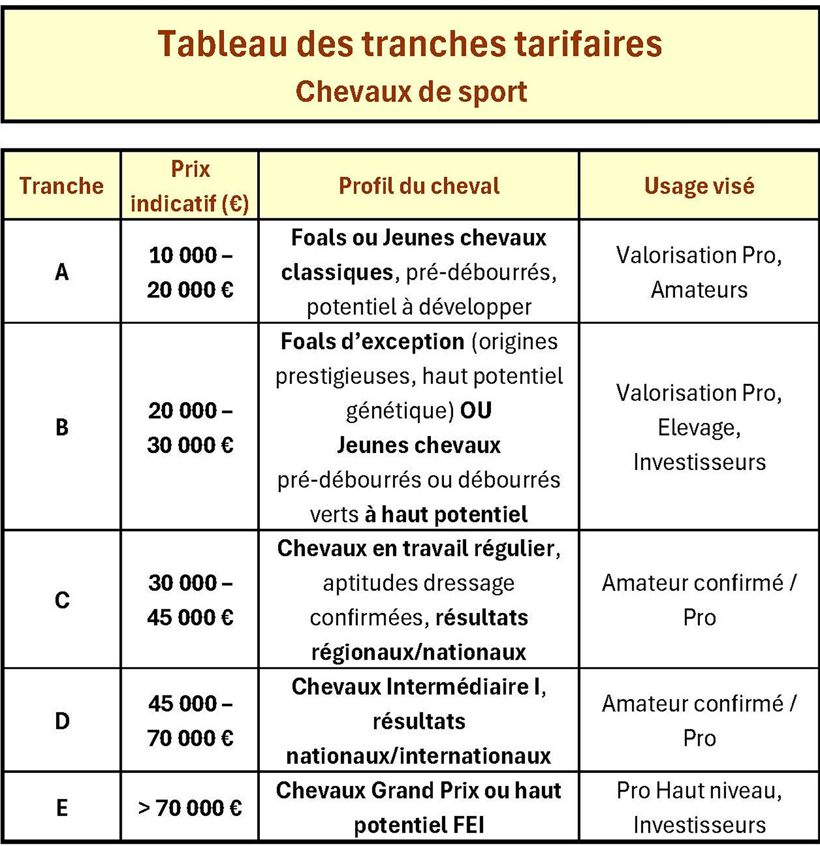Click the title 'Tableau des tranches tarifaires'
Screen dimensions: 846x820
click(409, 44)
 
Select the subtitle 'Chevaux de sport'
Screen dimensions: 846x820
click(411, 91)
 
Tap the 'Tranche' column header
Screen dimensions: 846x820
click(62, 186)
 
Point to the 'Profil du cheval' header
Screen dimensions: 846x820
click(419, 186)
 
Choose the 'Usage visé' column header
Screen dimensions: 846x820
click(699, 186)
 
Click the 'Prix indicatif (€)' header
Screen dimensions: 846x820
click(190, 186)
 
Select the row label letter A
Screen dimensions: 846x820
click(62, 272)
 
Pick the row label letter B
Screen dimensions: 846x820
click(62, 428)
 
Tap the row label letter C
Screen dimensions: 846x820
click(62, 600)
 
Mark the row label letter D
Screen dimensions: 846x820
click(62, 721)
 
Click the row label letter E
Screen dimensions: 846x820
click(62, 807)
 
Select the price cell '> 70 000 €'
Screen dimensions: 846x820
click(190, 808)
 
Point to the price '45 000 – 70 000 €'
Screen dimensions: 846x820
click(190, 721)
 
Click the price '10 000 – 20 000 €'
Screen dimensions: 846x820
click(190, 272)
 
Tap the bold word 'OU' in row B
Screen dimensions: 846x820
click(476, 410)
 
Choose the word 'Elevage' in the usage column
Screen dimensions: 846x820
click(698, 428)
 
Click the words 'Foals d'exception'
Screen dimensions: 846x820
click(372, 341)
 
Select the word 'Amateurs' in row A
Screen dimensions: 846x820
click(699, 290)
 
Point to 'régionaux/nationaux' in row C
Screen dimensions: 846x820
click(419, 652)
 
